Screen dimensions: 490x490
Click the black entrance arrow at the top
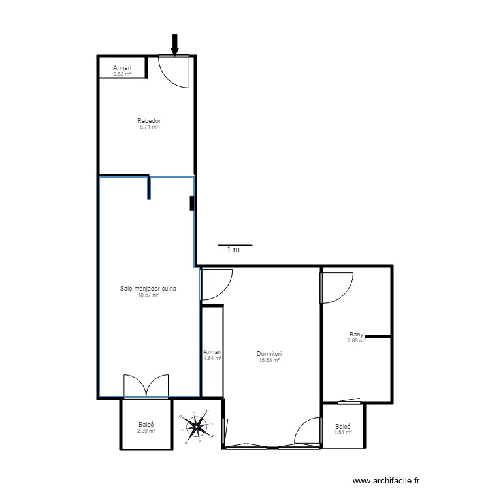pyautogui.click(x=174, y=44)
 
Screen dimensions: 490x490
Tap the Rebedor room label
pyautogui.click(x=149, y=121)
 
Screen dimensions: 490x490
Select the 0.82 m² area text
pyautogui.click(x=122, y=74)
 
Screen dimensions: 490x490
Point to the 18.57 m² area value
pyautogui.click(x=149, y=295)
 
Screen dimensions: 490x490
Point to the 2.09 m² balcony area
pyautogui.click(x=146, y=431)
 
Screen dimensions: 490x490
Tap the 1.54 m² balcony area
pyautogui.click(x=343, y=432)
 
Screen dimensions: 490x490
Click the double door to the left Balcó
pyautogui.click(x=146, y=386)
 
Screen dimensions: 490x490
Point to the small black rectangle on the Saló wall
pyautogui.click(x=192, y=204)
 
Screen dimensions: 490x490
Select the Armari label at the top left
pyautogui.click(x=122, y=68)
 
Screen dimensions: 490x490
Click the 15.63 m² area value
pyautogui.click(x=269, y=361)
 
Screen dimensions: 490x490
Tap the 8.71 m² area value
pyautogui.click(x=149, y=127)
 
